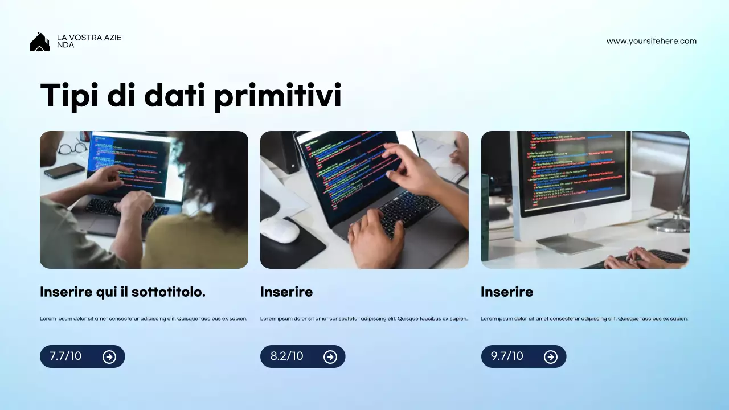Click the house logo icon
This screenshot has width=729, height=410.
point(39,42)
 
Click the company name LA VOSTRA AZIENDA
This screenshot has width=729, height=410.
point(89,41)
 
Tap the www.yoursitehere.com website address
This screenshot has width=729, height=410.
point(651,41)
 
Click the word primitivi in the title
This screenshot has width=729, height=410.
point(277,95)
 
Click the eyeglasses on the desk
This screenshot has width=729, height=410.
point(72,149)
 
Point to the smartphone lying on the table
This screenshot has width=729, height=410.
point(64,170)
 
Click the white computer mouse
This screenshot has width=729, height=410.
point(280,230)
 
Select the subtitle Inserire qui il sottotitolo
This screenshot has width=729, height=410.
point(122,292)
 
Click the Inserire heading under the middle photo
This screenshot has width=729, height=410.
point(286,292)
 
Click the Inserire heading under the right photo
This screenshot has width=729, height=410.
point(507,292)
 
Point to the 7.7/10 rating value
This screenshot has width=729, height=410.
point(65,356)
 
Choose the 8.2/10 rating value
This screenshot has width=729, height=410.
point(286,356)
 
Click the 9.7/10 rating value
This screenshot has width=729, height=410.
point(507,356)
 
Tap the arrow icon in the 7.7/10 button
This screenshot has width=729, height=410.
point(109,357)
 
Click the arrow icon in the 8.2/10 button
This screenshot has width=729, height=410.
point(330,357)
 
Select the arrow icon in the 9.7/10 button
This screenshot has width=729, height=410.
point(550,357)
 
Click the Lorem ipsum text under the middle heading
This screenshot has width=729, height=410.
point(363,319)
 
